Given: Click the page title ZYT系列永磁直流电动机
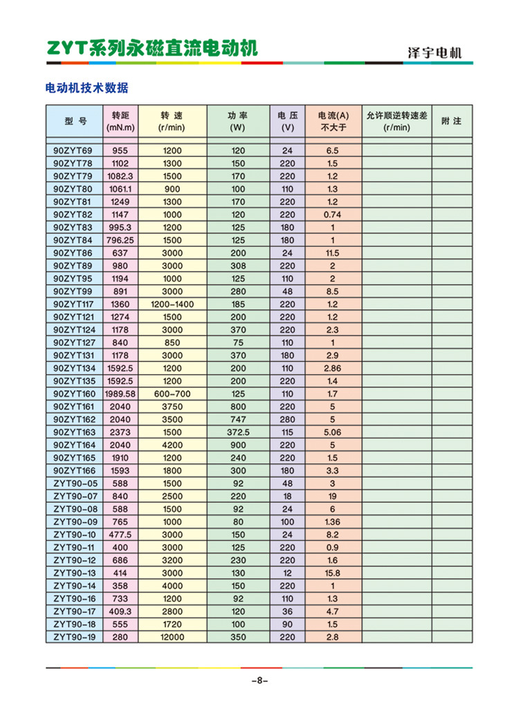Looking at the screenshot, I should coord(152,48).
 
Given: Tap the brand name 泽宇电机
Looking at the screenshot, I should coord(434,53).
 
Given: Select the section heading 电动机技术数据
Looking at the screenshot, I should coord(86,89).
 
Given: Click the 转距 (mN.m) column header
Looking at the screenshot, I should coord(120,121).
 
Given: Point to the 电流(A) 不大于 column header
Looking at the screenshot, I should coord(334,121).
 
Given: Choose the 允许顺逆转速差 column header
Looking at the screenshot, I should coord(397,121).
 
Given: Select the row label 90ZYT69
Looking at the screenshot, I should coord(73,151).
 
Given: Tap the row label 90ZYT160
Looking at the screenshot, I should coord(74,393).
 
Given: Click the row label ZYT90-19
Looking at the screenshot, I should coord(74,637).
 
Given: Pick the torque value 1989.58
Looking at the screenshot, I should coord(120,393).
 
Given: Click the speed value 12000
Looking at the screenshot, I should coord(172,637).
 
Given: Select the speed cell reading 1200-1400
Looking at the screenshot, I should coord(172,304).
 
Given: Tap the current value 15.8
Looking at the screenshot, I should coord(333,573).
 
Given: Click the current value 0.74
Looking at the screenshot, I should coord(333,214).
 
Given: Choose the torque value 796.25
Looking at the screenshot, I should coord(120,240).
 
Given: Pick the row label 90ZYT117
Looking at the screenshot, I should coord(74,304).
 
